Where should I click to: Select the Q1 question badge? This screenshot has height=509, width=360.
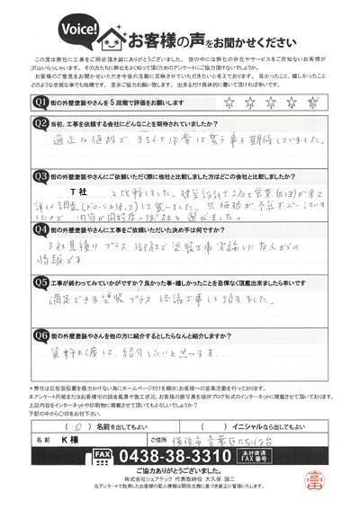coord(40,102)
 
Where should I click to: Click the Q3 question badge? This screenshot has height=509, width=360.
coord(40,176)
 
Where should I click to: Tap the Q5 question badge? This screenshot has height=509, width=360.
coord(40,280)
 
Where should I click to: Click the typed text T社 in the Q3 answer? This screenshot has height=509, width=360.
coord(77,193)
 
